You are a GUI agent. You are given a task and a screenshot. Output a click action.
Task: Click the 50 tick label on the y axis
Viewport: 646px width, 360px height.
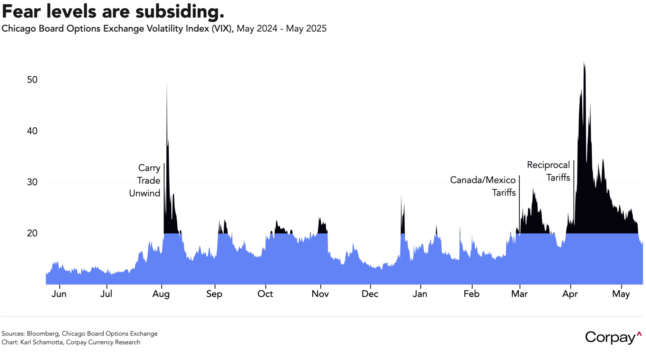point(32,80)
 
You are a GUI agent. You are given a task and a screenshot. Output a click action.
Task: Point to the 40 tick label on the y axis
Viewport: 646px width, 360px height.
point(32,131)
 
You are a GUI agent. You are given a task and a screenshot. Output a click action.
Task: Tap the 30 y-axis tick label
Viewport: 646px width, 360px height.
point(32,182)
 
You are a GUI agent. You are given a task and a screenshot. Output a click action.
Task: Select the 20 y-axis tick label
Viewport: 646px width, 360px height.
point(32,233)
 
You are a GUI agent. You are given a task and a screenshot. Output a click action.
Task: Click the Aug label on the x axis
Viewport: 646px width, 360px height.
point(161,294)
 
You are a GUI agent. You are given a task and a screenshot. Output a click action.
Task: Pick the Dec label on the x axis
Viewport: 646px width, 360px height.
point(370,294)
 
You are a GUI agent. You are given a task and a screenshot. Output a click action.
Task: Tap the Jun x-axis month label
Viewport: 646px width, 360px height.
point(59,294)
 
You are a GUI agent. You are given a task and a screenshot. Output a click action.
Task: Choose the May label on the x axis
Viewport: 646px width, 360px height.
point(621,294)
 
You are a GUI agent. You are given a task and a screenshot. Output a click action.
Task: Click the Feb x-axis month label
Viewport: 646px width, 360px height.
point(471,294)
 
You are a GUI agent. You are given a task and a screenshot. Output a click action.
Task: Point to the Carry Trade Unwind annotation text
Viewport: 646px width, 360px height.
point(145,180)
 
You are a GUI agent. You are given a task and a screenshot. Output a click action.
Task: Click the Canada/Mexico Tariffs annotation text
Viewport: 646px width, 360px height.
point(483,186)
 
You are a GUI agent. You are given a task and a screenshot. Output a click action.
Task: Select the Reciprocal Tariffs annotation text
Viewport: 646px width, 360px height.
point(548,171)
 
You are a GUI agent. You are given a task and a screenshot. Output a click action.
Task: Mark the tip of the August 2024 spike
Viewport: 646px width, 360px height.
point(167,82)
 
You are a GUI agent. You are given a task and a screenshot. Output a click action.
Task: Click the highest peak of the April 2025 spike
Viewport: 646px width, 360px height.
point(584,62)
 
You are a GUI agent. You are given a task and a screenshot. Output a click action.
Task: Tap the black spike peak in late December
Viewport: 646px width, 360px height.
point(401,195)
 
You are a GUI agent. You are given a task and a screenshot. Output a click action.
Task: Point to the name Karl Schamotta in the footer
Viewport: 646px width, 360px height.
point(42,342)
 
